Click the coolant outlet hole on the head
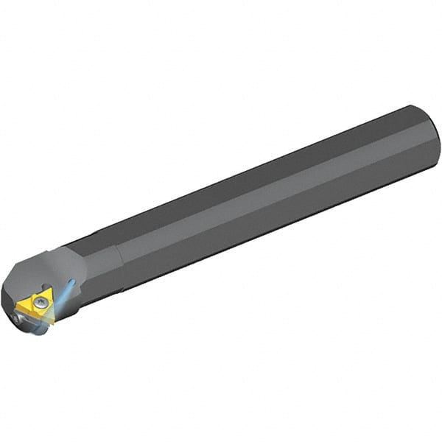(71, 281)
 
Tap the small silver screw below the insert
(17, 319)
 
